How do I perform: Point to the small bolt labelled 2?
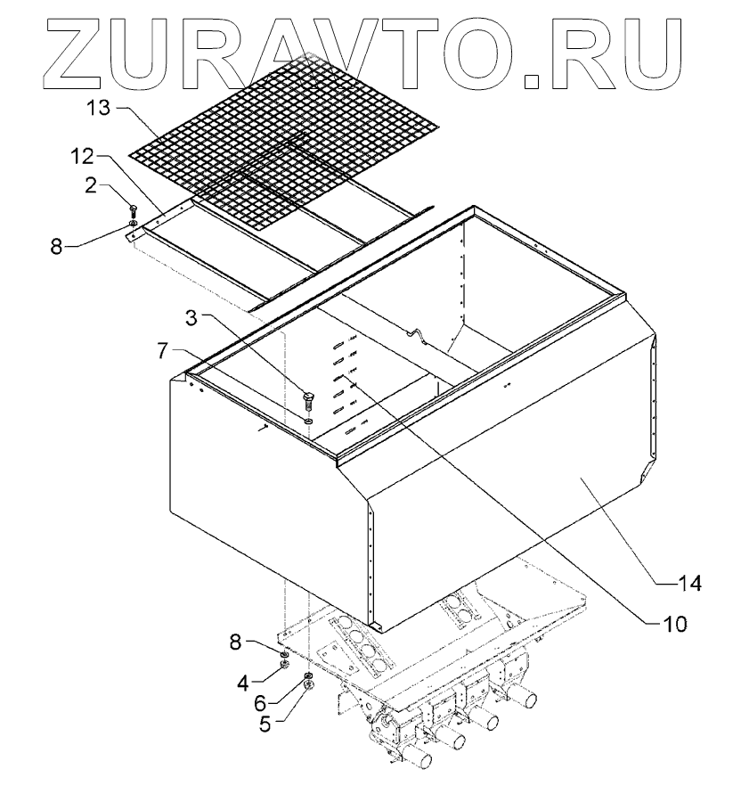click(133, 210)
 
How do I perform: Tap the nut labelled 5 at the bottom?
click(308, 686)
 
